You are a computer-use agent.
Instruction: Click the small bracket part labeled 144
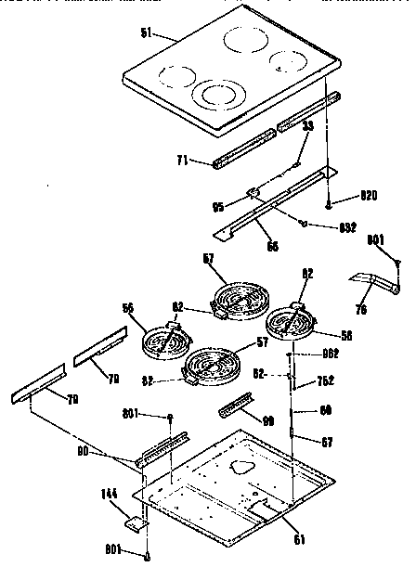point(137,524)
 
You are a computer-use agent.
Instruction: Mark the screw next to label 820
point(329,201)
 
